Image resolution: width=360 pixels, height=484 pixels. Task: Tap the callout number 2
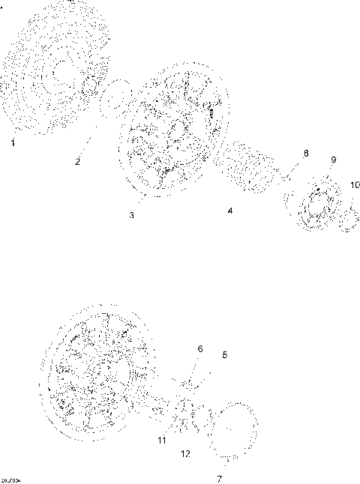pyautogui.click(x=77, y=161)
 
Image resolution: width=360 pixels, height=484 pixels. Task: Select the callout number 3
pyautogui.click(x=131, y=215)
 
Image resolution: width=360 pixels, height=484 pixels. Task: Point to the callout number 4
pyautogui.click(x=231, y=211)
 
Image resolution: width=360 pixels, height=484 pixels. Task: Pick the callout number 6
pyautogui.click(x=199, y=348)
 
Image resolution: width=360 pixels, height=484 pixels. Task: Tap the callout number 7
pyautogui.click(x=220, y=477)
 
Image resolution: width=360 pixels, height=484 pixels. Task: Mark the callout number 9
pyautogui.click(x=334, y=160)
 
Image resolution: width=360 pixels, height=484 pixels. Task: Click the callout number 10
pyautogui.click(x=355, y=184)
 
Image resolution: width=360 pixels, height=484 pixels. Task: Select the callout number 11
pyautogui.click(x=162, y=441)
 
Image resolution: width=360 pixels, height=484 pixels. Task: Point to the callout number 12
pyautogui.click(x=185, y=454)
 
